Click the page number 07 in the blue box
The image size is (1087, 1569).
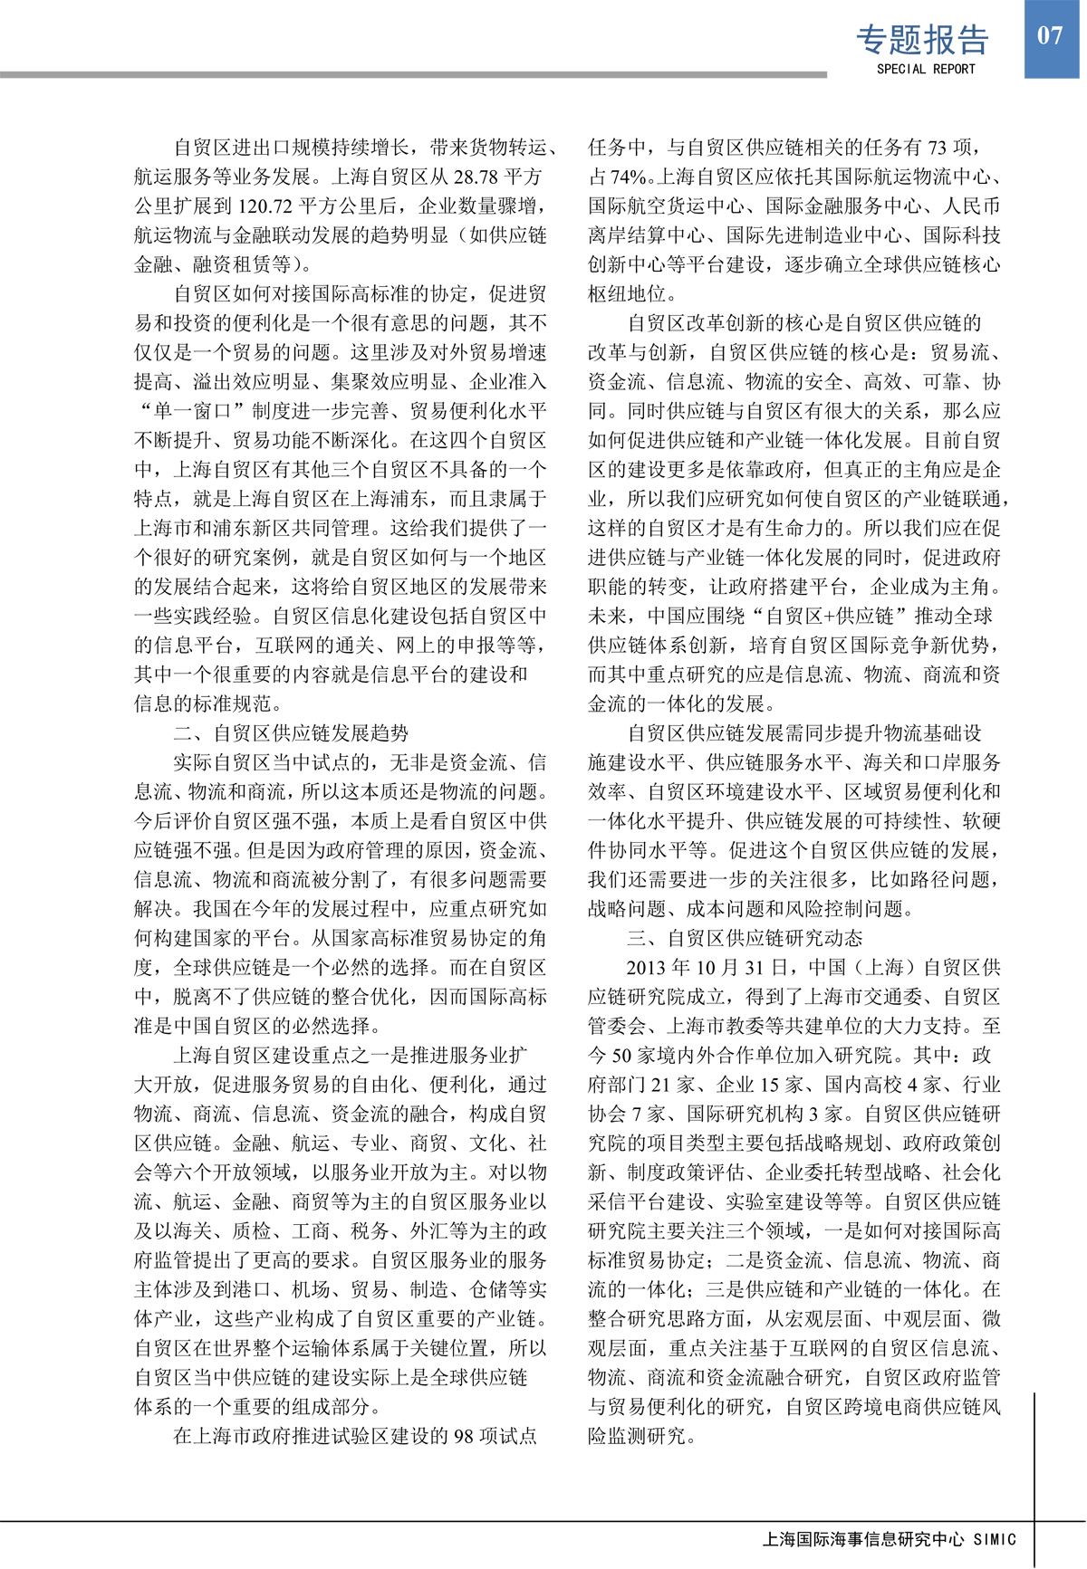coord(1050,36)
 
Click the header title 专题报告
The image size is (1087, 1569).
coord(922,40)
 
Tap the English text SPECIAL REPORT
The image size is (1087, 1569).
coord(926,69)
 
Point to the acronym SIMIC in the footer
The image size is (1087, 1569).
coord(995,1539)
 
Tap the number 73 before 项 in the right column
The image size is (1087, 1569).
coord(938,147)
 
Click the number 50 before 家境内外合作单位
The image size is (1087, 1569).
coord(622,1056)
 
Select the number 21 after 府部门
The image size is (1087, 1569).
coord(660,1085)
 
